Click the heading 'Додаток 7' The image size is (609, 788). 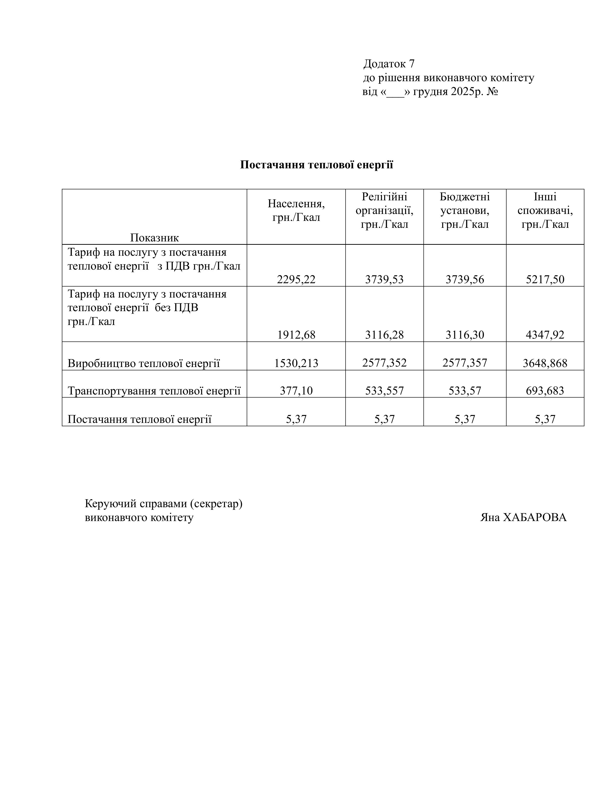point(389,64)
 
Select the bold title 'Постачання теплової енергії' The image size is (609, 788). point(316,165)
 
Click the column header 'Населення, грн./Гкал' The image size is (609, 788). point(296,211)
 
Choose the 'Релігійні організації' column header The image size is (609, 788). point(384,211)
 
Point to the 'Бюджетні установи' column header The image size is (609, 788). point(465,211)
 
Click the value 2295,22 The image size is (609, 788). point(296,279)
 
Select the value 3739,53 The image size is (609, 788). point(384,279)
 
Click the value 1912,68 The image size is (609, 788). point(296,335)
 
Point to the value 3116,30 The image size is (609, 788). point(465,335)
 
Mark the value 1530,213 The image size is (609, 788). point(296,363)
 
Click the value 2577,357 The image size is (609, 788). point(465,363)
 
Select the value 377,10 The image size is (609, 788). point(296,391)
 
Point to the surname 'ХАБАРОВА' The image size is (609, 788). point(534,517)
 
